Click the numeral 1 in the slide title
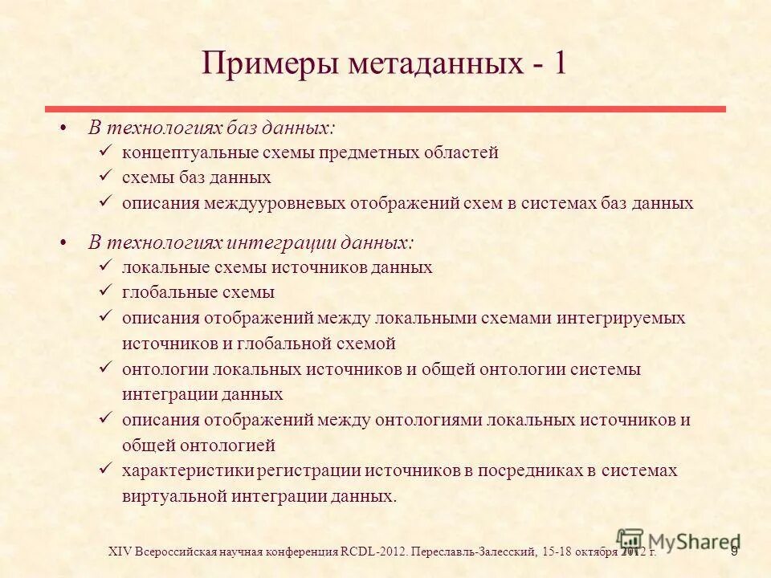click(557, 63)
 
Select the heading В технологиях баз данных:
click(212, 128)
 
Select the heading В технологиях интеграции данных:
click(251, 242)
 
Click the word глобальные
click(165, 293)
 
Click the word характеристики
click(182, 470)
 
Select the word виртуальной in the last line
click(174, 495)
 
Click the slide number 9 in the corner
click(733, 552)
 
